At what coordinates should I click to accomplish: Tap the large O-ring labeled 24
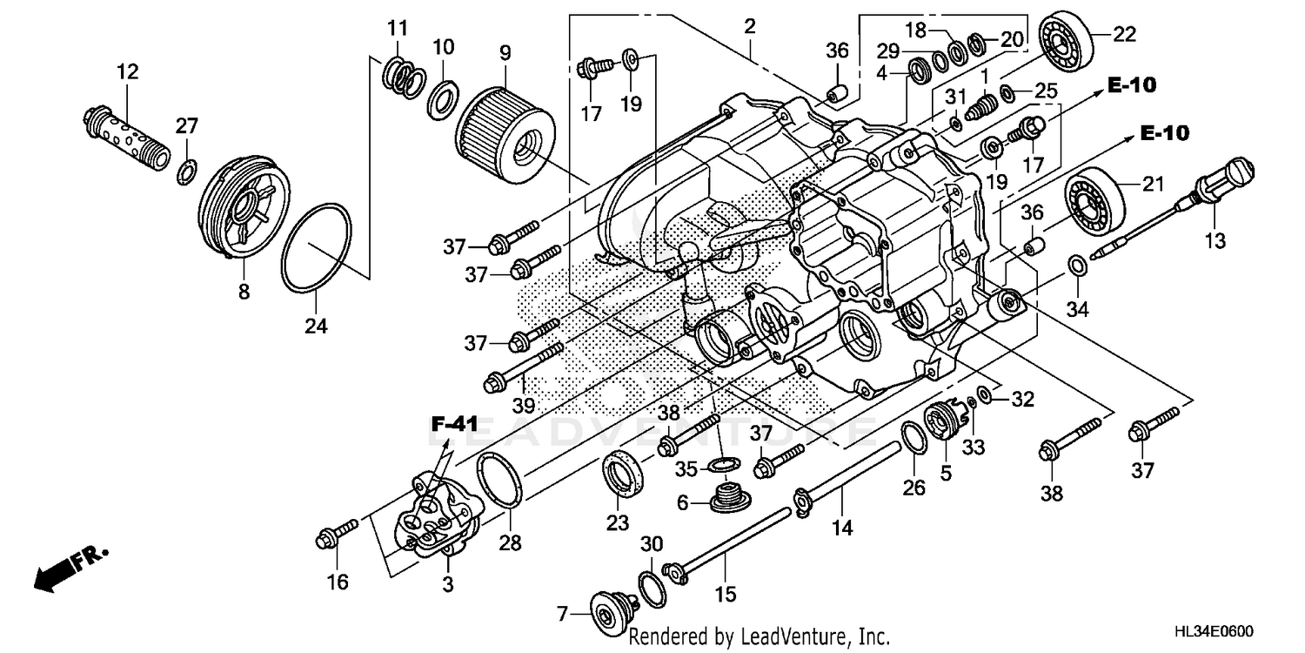[317, 247]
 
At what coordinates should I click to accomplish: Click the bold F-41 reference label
[455, 425]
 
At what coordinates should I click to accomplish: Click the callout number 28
[510, 543]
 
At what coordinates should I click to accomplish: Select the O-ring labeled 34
[1075, 263]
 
